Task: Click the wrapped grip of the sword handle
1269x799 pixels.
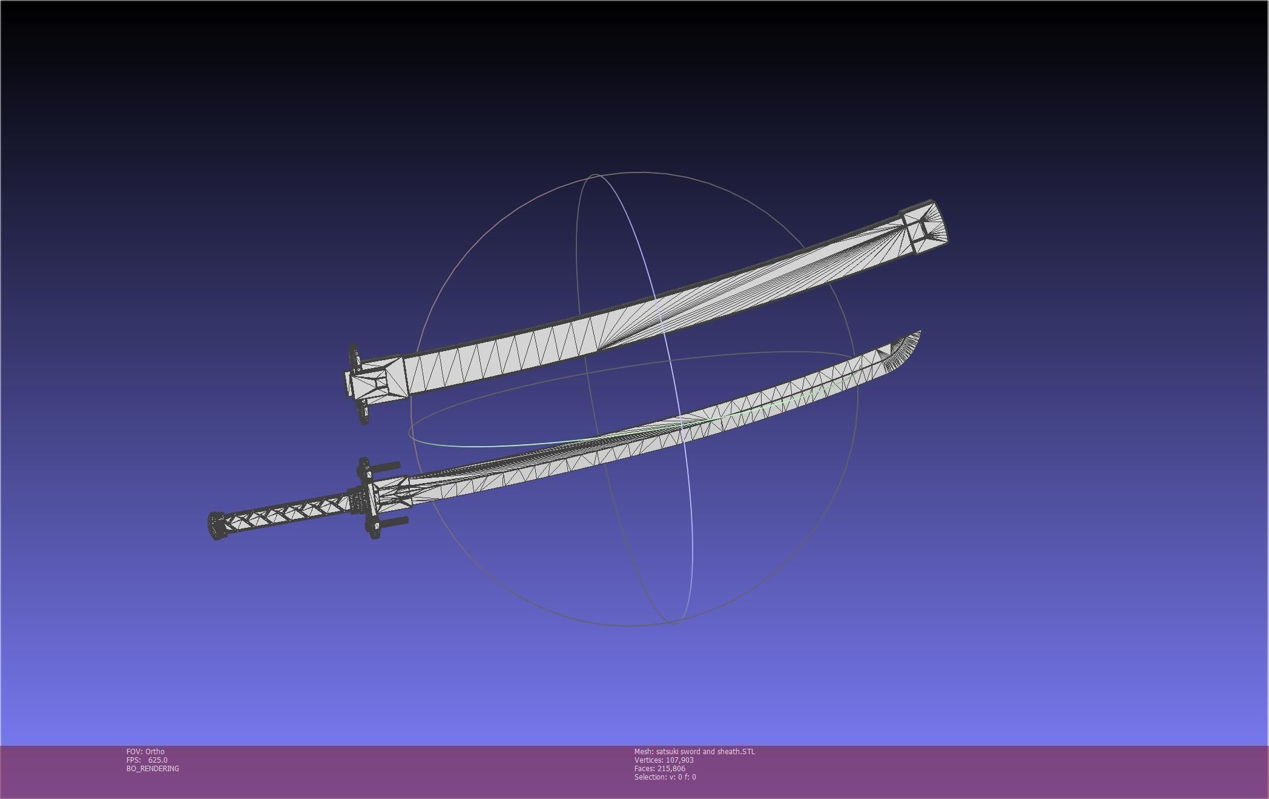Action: click(x=285, y=511)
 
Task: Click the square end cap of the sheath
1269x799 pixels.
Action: click(x=925, y=228)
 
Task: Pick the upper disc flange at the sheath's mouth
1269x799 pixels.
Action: click(x=354, y=357)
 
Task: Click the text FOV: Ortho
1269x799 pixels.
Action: click(x=145, y=752)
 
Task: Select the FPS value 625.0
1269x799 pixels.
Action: click(x=157, y=760)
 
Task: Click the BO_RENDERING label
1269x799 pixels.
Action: click(x=153, y=769)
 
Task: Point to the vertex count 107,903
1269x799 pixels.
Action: click(x=679, y=760)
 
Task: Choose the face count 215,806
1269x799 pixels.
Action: click(x=671, y=769)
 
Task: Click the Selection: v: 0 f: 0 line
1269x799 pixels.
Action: click(x=665, y=777)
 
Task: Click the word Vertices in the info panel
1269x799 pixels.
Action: click(x=648, y=760)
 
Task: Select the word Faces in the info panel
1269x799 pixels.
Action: click(x=644, y=769)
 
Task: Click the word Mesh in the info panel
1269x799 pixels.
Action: click(x=643, y=752)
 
